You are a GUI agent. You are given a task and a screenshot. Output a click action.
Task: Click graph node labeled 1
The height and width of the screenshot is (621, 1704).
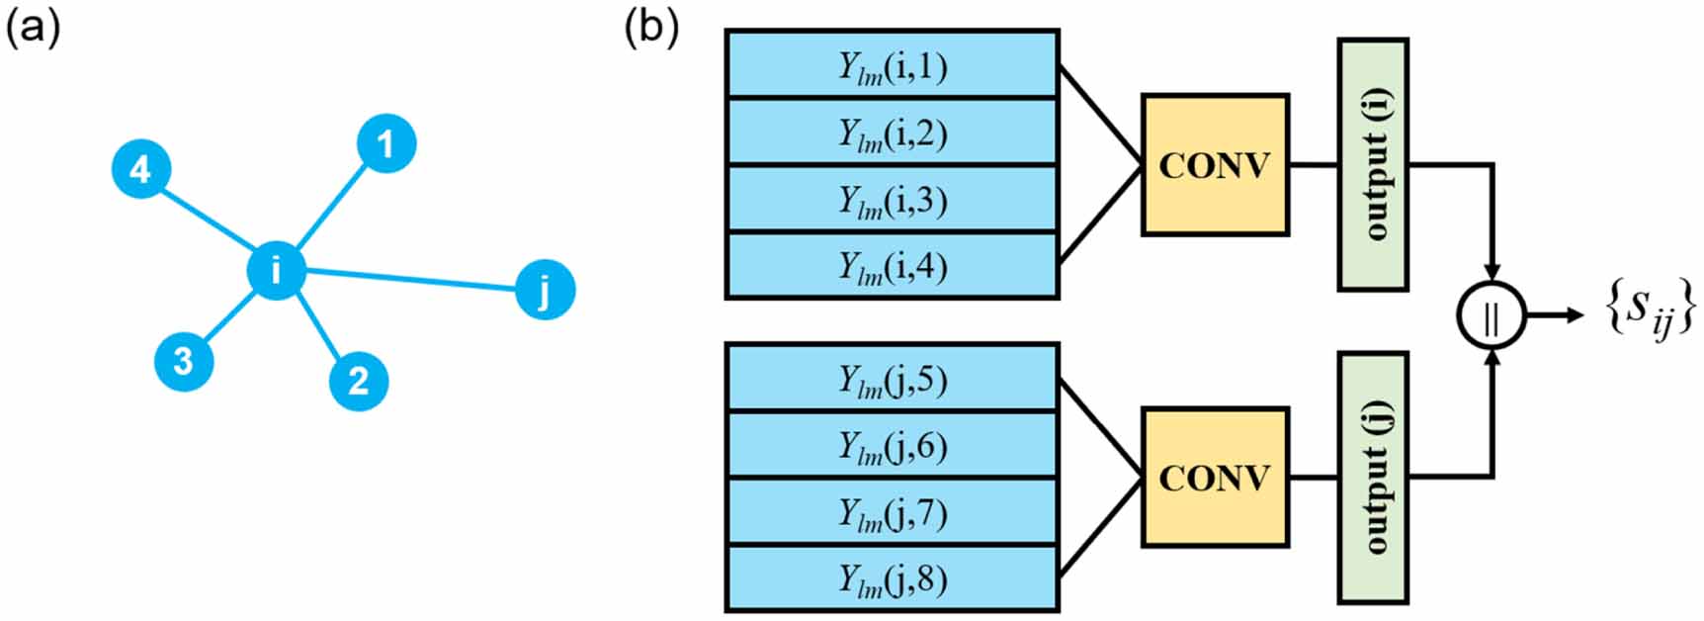(385, 144)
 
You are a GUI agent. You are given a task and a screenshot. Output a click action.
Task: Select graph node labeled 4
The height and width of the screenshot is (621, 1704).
(141, 169)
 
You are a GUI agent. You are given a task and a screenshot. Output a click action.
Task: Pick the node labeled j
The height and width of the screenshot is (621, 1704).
(545, 290)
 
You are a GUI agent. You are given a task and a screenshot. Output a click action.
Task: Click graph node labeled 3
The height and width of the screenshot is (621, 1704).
(184, 361)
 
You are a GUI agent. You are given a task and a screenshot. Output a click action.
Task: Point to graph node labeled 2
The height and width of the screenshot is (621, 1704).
(358, 381)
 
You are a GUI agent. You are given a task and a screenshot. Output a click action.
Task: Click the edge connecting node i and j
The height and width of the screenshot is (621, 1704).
(410, 280)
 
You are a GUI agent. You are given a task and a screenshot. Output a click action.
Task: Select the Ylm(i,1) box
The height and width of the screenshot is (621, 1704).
(893, 64)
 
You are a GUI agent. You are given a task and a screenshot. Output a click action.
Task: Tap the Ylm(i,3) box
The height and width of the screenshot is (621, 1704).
(893, 199)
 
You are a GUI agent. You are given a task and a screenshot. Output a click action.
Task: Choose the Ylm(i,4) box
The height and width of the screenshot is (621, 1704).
(893, 266)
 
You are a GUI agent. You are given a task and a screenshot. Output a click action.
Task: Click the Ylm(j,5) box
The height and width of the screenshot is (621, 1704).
(893, 378)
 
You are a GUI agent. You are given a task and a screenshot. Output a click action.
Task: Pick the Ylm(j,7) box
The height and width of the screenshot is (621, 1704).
(893, 511)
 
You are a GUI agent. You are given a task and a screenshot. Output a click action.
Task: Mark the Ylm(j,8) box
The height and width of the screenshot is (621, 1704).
(893, 578)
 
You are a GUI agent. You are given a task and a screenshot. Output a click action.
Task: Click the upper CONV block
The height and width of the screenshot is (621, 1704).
(1215, 165)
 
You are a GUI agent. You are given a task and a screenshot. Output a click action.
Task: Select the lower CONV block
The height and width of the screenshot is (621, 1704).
(1215, 478)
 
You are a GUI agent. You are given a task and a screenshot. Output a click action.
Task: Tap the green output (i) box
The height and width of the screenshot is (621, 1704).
(1373, 164)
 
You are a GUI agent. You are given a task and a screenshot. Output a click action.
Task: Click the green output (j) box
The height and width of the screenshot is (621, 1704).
(1373, 477)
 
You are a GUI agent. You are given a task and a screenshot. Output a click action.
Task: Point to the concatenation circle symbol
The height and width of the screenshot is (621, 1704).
(1491, 316)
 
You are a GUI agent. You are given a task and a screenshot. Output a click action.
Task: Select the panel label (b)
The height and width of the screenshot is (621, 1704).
(651, 28)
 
